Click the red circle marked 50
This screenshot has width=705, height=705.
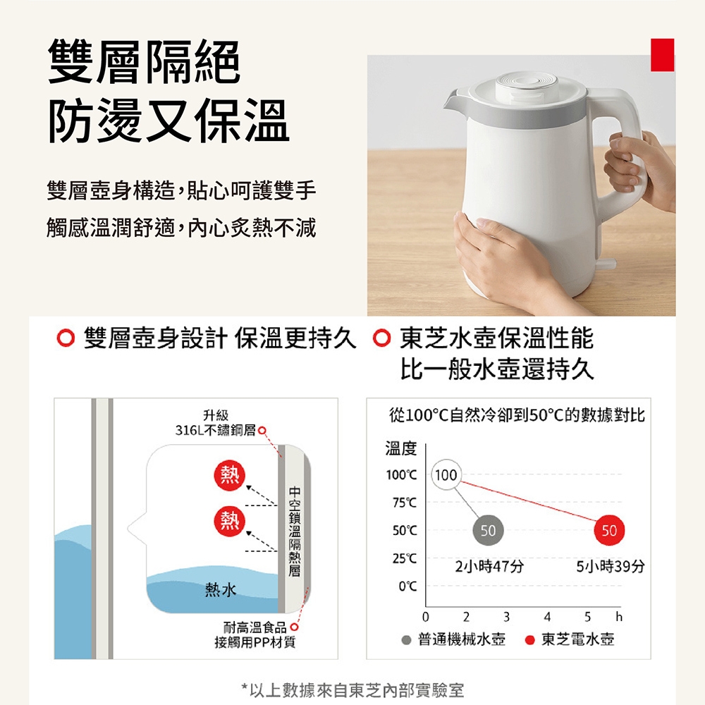point(609,531)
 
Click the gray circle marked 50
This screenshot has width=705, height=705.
point(489,531)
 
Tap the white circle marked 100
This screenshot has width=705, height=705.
point(446,474)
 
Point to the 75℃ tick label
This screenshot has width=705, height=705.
point(405,503)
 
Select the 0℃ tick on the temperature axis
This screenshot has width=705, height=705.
point(407,587)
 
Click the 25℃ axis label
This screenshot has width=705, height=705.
point(405,558)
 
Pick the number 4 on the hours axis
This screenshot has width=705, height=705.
point(547,616)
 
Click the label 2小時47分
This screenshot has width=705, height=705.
point(490,566)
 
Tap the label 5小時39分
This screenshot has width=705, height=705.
point(611,566)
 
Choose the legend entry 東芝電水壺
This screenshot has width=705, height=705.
point(570,639)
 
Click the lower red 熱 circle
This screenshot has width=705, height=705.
point(229,521)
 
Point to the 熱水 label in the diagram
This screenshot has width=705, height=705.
point(220,589)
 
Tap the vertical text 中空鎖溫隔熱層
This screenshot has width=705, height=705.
point(295,531)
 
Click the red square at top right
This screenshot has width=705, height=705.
point(662,55)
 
